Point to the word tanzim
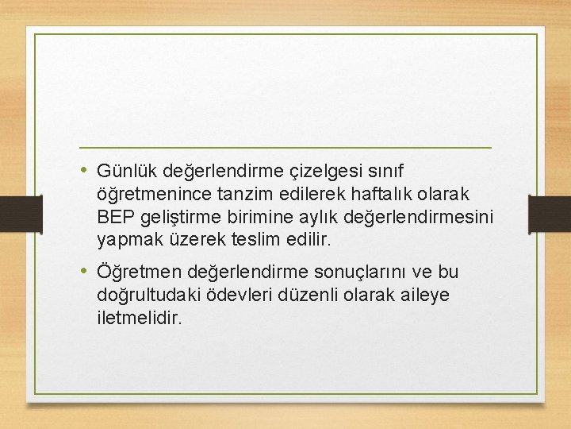(231, 194)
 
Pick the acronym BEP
(113, 215)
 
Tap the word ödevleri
(234, 295)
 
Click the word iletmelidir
(139, 317)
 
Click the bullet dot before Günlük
(85, 171)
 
